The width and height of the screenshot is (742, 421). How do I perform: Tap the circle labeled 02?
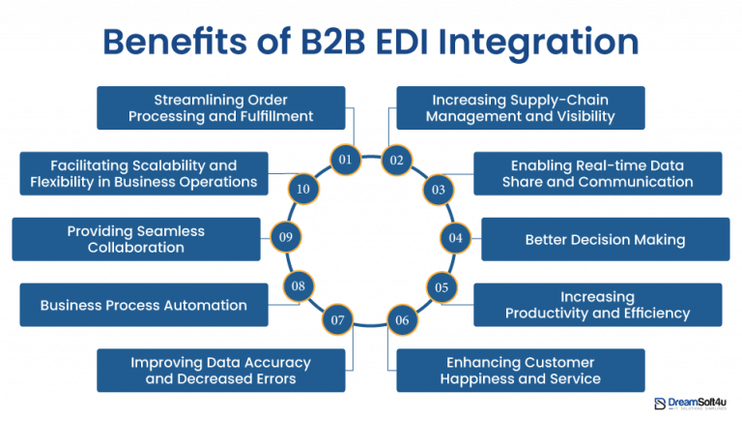click(x=396, y=160)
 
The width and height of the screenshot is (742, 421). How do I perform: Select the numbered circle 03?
click(x=439, y=190)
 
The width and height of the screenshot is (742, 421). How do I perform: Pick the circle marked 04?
click(x=455, y=237)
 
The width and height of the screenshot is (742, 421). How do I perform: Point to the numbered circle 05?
click(x=441, y=286)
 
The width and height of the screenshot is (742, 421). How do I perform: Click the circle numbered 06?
click(x=402, y=319)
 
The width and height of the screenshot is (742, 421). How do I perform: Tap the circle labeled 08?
click(x=299, y=286)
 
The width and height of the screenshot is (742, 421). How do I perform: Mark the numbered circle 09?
click(x=285, y=237)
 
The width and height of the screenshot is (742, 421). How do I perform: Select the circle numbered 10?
click(x=302, y=189)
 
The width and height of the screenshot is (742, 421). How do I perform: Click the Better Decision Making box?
click(x=605, y=239)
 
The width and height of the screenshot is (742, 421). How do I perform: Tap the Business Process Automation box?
click(x=143, y=305)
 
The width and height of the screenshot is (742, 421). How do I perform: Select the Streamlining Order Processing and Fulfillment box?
click(x=221, y=107)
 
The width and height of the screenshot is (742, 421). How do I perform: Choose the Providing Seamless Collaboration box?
click(x=136, y=239)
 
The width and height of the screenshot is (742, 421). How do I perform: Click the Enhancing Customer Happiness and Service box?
click(x=520, y=371)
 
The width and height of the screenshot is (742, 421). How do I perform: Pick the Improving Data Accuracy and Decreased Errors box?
click(x=221, y=371)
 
